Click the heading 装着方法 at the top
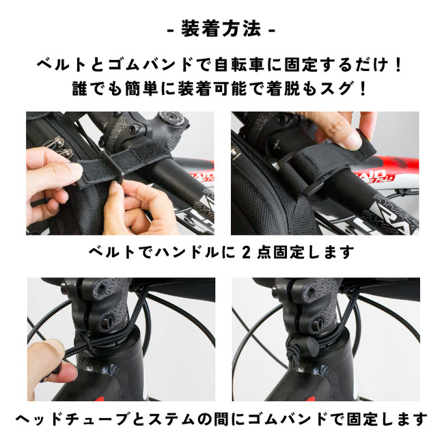point(221,29)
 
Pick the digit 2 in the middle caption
point(247,252)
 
